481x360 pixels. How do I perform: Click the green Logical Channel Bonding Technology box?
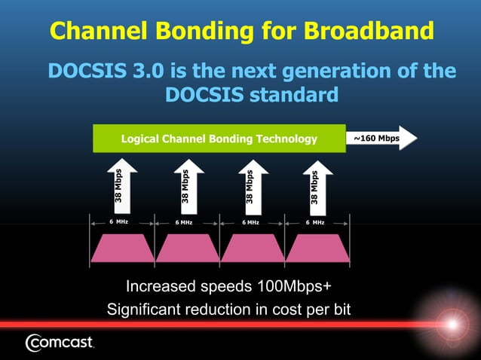tap(219, 139)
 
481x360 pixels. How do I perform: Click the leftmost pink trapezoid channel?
tap(122, 248)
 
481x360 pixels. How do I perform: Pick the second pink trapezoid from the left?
tap(187, 248)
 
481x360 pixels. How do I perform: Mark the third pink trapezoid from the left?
tap(253, 248)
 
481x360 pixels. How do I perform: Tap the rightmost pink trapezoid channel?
tap(317, 248)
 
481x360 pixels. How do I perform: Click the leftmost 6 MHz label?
tap(118, 222)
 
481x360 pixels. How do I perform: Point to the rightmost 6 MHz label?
tap(315, 222)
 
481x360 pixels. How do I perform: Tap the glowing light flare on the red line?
tap(452, 325)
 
